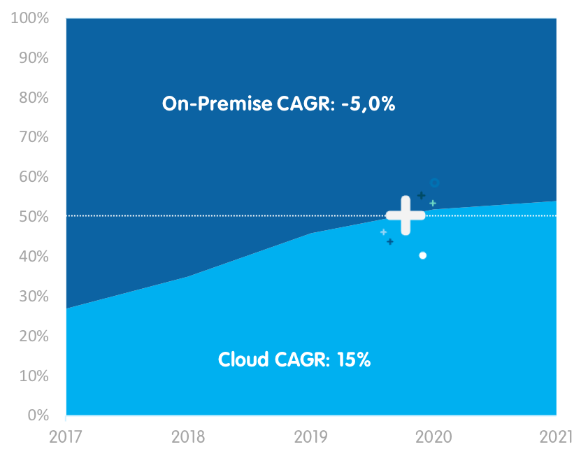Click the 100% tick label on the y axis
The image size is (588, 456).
[x=30, y=18]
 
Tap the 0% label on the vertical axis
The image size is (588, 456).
[x=38, y=415]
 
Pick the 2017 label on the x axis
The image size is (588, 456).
[x=66, y=437]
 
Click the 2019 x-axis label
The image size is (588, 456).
[x=311, y=437]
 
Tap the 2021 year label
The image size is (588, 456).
[x=556, y=437]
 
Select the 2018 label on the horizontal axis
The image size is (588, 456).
[x=188, y=437]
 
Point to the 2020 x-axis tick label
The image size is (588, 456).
[x=433, y=437]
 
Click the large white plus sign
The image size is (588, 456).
[x=406, y=215]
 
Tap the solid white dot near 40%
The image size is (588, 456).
[x=422, y=255]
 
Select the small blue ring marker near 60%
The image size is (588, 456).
[x=434, y=183]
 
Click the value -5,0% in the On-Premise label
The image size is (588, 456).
[x=368, y=104]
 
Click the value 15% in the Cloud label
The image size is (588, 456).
[x=353, y=360]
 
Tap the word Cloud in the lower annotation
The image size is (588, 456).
[x=243, y=360]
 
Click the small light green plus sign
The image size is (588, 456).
[x=433, y=203]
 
